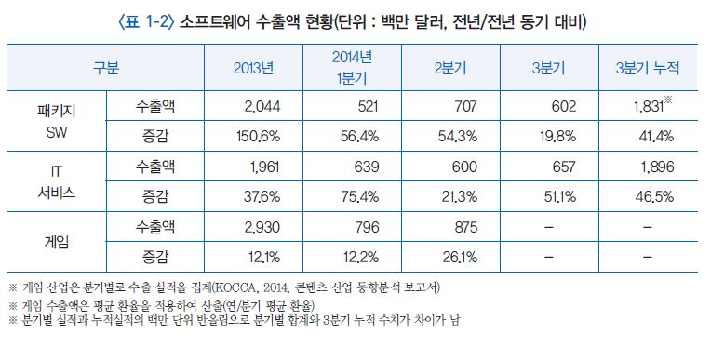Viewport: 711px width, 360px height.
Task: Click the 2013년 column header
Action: (253, 69)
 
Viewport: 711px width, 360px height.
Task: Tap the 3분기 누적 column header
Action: (647, 69)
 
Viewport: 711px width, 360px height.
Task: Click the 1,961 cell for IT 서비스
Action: (263, 167)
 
